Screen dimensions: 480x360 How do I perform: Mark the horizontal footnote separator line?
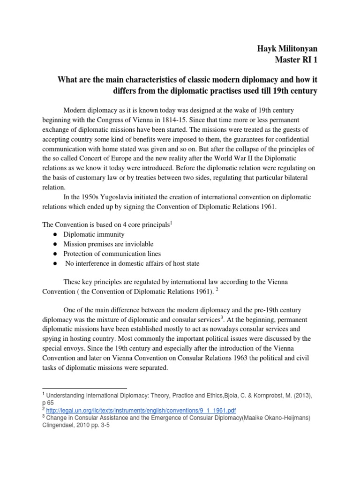click(x=84, y=389)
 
